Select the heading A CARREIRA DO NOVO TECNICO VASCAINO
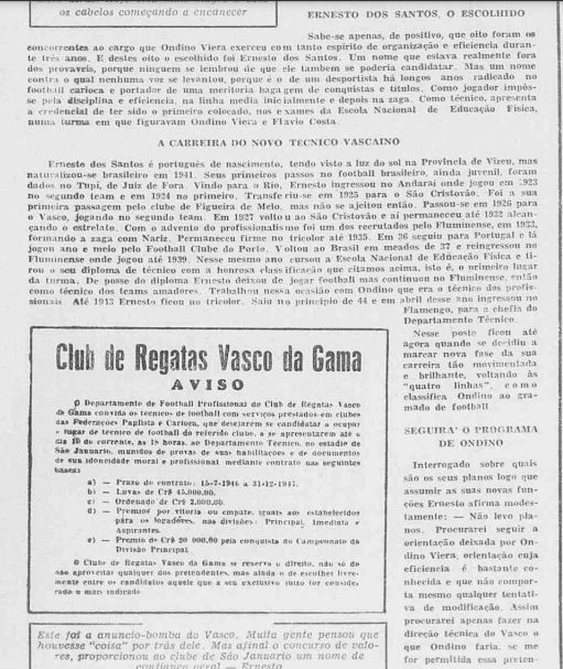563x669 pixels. [278, 142]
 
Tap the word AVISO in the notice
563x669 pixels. [208, 385]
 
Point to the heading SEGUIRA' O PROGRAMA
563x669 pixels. [471, 429]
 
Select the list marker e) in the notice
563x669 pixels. [91, 539]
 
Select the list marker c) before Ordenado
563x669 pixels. [90, 501]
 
